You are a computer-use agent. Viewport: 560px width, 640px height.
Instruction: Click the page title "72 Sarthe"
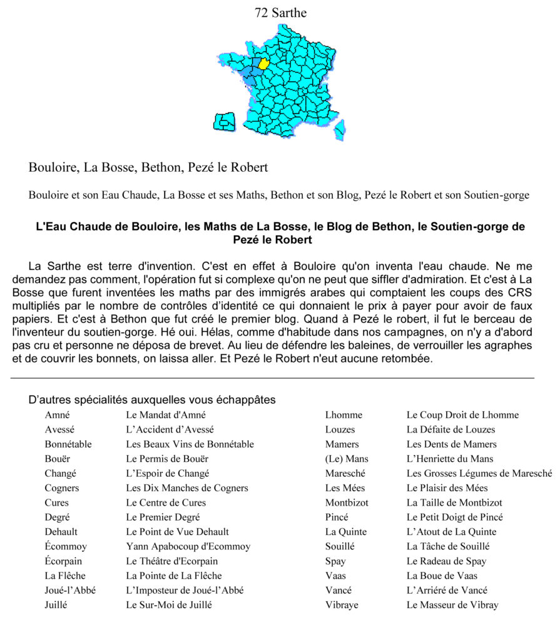tap(280, 12)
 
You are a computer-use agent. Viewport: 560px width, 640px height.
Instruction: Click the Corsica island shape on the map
tap(340, 130)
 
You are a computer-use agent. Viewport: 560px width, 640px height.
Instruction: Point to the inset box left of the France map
tap(224, 122)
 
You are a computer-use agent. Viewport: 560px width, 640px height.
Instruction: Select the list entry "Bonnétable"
tap(68, 444)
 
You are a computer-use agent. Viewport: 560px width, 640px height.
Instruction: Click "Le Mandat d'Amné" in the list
tap(166, 415)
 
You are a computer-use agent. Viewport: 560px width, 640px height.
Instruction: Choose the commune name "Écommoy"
tap(66, 547)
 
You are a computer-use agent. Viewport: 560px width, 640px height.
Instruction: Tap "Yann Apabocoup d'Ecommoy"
tap(188, 547)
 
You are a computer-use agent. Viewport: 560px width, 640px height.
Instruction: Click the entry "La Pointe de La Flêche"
tap(174, 576)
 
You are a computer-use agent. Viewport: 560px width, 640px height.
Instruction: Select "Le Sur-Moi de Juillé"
tap(169, 605)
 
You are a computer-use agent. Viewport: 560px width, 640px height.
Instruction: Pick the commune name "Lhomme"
tap(344, 415)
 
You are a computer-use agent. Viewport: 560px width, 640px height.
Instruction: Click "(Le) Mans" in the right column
tap(347, 459)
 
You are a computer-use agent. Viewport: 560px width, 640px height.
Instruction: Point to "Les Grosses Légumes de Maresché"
tap(479, 474)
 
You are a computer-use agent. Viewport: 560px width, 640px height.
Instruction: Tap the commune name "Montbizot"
tap(347, 503)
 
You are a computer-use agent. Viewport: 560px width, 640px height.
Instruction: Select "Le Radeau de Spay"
tap(446, 561)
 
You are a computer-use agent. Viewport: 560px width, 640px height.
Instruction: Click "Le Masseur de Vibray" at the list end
tap(452, 605)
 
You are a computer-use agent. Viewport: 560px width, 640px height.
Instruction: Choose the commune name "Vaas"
tap(335, 576)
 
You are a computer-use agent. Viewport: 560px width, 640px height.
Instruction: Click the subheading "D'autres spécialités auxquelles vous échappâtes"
tap(152, 399)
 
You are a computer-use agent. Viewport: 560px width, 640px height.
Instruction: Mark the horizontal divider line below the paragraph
tap(273, 378)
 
